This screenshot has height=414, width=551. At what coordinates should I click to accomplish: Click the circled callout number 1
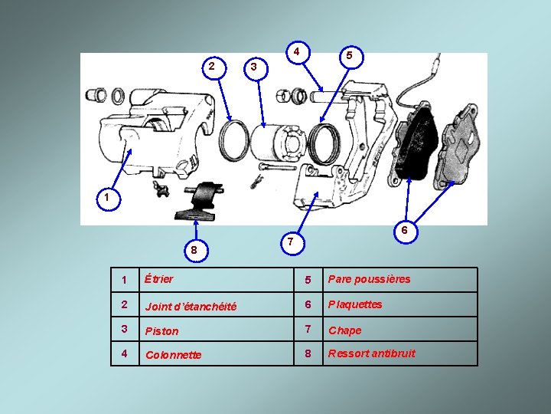click(x=109, y=199)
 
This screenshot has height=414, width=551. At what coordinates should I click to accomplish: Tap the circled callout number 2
click(x=214, y=67)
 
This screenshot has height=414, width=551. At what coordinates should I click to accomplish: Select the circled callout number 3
click(x=256, y=68)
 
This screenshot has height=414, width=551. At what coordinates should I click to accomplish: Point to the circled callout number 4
click(x=298, y=53)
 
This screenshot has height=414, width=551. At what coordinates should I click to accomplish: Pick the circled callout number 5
click(x=351, y=57)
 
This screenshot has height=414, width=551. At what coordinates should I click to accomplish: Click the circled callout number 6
click(x=406, y=231)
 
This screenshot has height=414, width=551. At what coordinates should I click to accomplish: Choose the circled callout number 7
click(x=292, y=243)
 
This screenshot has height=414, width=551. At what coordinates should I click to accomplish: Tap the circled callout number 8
click(x=196, y=250)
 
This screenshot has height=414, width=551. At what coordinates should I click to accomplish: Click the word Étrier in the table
click(x=159, y=279)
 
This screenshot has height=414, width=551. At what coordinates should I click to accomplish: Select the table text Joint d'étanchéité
click(x=191, y=306)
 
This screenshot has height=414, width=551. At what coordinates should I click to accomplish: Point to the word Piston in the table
click(x=161, y=331)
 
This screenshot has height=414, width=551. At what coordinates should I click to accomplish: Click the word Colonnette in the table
click(x=173, y=354)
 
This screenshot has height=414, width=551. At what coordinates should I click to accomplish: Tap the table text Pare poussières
click(x=369, y=279)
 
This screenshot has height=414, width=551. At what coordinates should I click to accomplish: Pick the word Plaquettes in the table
click(x=355, y=304)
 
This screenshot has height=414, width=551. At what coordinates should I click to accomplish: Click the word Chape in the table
click(x=344, y=330)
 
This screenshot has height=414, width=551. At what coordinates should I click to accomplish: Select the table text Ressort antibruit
click(x=371, y=353)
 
